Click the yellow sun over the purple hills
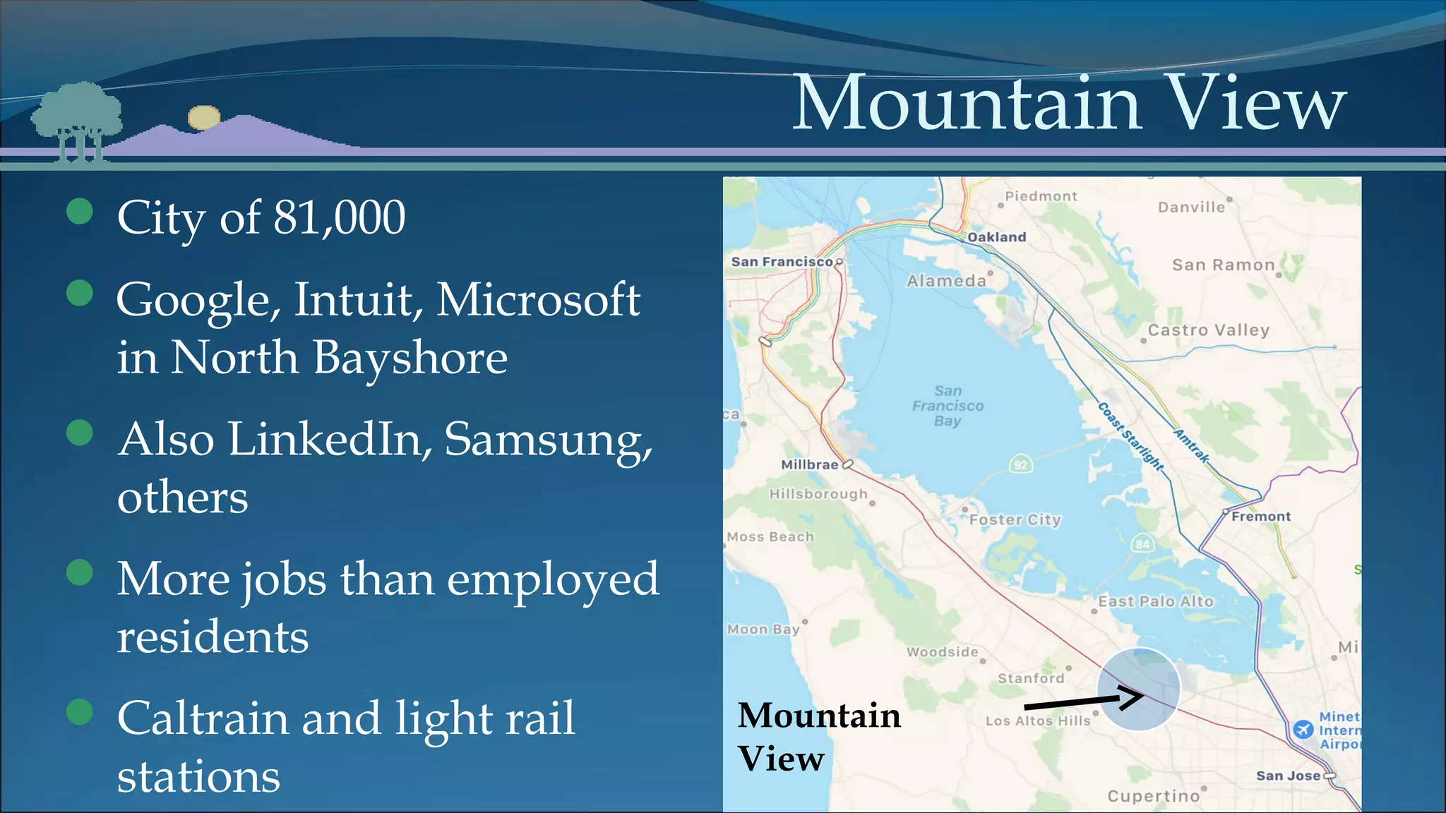(204, 117)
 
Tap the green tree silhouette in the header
(76, 116)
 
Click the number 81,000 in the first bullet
(339, 217)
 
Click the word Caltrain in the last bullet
(203, 718)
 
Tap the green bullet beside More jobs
(80, 572)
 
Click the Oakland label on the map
(996, 237)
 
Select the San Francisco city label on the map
(782, 262)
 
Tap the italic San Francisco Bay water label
(948, 406)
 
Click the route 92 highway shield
(1020, 464)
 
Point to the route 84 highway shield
(1142, 543)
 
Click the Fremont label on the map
(1261, 517)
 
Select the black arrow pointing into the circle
(1084, 701)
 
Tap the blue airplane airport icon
(1303, 729)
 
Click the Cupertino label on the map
(1153, 796)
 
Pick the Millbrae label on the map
(809, 464)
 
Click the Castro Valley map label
(1208, 330)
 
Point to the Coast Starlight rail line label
(1130, 436)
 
